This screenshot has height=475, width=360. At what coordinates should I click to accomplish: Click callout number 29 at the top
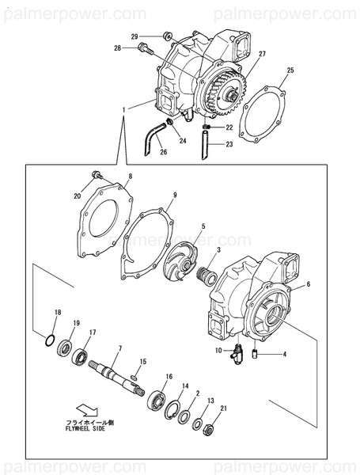[x=135, y=36]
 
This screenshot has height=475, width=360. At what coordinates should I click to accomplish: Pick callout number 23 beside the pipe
[x=229, y=144]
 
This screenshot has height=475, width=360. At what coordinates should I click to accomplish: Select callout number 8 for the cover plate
[x=130, y=177]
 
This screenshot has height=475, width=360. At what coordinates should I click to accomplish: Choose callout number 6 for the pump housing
[x=309, y=283]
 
